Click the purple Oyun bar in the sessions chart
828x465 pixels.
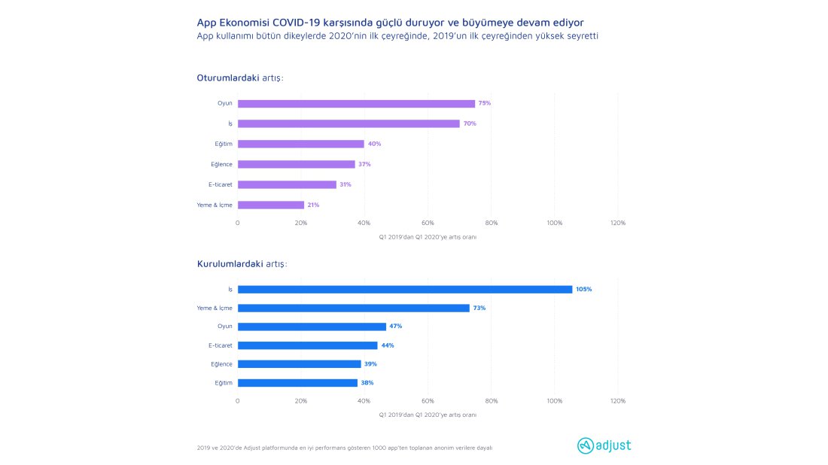pyautogui.click(x=356, y=104)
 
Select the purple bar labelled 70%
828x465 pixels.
pyautogui.click(x=349, y=123)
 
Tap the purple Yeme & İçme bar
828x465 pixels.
pyautogui.click(x=271, y=205)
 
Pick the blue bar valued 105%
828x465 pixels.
pyautogui.click(x=405, y=289)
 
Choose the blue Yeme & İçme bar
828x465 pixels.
pyautogui.click(x=354, y=308)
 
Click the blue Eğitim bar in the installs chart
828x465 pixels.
pyautogui.click(x=297, y=383)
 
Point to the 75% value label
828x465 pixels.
pyautogui.click(x=484, y=103)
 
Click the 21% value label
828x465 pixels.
pyautogui.click(x=313, y=205)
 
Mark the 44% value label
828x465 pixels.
pyautogui.click(x=388, y=345)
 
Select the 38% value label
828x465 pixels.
pyautogui.click(x=367, y=383)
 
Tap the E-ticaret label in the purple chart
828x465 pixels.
pyautogui.click(x=221, y=184)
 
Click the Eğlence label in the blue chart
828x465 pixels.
pyautogui.click(x=221, y=364)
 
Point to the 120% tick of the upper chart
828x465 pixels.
pyautogui.click(x=618, y=223)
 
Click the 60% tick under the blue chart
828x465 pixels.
pyautogui.click(x=428, y=400)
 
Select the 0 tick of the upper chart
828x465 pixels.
pyautogui.click(x=238, y=223)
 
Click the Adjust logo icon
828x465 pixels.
pyautogui.click(x=585, y=445)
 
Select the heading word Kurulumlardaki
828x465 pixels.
pyautogui.click(x=230, y=264)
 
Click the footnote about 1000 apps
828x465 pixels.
pyautogui.click(x=345, y=448)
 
